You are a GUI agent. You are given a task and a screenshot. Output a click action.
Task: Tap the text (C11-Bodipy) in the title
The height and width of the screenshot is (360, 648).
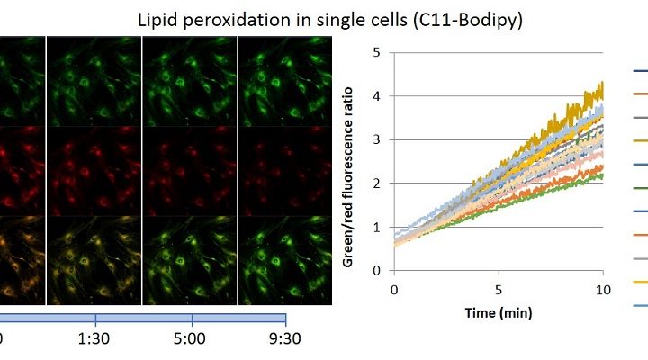(x=468, y=21)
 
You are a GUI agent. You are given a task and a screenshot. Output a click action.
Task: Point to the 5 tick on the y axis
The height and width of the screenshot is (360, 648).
(x=376, y=52)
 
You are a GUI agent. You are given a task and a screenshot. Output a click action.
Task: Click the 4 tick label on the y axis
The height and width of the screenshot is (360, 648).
(x=376, y=96)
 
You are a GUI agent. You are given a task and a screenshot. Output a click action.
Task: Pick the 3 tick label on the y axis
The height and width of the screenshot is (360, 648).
(x=376, y=139)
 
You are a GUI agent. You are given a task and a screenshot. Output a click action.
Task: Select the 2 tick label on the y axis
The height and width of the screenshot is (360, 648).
(x=376, y=183)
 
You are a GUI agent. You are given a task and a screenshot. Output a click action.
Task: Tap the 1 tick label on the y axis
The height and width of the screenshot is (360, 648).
(x=376, y=227)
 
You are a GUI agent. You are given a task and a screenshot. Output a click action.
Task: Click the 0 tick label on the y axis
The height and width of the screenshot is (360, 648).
(x=376, y=270)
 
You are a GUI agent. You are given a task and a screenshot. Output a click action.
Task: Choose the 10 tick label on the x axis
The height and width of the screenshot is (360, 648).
(x=603, y=290)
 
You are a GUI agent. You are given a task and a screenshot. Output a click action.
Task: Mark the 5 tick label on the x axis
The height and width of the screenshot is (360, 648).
(x=499, y=290)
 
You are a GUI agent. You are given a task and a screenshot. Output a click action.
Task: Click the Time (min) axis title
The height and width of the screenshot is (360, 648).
(x=499, y=313)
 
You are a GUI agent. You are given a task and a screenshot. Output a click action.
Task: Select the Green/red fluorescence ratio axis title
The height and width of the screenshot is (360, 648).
(x=348, y=177)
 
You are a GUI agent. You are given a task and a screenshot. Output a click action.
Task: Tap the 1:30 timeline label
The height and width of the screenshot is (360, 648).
(x=94, y=339)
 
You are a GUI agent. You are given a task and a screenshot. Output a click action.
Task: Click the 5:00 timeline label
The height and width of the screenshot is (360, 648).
(x=189, y=339)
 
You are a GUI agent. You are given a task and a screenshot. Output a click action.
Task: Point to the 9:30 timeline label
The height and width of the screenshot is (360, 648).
(x=284, y=339)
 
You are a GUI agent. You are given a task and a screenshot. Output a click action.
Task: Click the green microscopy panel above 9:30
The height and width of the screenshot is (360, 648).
(x=285, y=81)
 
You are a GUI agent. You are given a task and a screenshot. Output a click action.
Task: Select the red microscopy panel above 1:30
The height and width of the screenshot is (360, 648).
(x=94, y=171)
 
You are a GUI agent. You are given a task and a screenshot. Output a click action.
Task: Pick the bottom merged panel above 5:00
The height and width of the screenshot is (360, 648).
(x=190, y=260)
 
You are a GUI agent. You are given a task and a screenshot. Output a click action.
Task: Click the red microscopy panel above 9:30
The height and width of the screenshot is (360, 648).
(x=285, y=171)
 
